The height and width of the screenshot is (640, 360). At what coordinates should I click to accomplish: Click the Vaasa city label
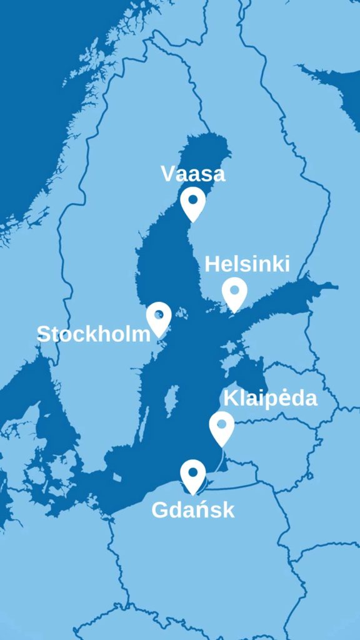pyautogui.click(x=192, y=174)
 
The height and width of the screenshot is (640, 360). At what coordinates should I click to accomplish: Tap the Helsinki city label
pyautogui.click(x=247, y=264)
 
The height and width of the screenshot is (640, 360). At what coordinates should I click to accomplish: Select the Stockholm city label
pyautogui.click(x=94, y=334)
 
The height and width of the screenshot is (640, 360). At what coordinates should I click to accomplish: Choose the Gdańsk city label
pyautogui.click(x=193, y=509)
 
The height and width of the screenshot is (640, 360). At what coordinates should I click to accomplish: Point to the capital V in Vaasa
pyautogui.click(x=168, y=174)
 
